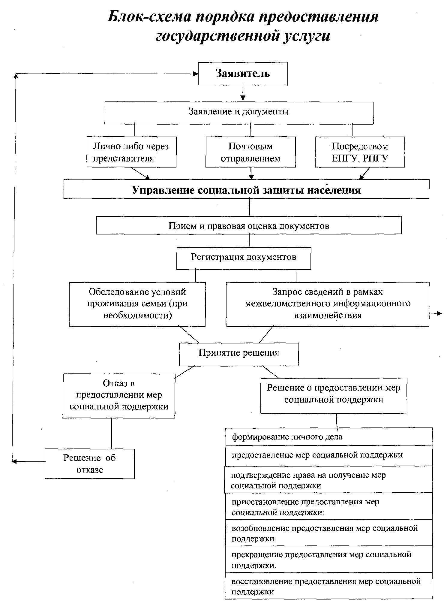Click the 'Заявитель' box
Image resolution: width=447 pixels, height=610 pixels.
click(x=243, y=74)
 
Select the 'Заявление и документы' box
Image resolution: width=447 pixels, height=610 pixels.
click(x=239, y=113)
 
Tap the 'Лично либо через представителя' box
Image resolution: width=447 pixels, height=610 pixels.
click(x=131, y=152)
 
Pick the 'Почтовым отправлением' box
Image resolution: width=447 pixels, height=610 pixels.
click(x=250, y=152)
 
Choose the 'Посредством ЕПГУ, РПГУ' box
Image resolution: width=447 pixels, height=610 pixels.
click(x=360, y=152)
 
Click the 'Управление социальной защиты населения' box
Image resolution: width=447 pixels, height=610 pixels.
click(x=246, y=189)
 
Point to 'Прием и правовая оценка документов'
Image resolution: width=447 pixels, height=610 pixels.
click(x=249, y=225)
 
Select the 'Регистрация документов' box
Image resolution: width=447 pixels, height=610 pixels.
click(x=244, y=258)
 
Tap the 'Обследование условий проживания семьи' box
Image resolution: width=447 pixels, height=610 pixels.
click(x=137, y=304)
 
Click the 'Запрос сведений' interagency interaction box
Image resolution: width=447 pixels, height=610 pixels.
click(x=328, y=304)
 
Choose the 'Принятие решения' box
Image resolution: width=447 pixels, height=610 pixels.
click(x=239, y=354)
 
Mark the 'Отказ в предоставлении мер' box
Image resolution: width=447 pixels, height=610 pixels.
click(x=119, y=396)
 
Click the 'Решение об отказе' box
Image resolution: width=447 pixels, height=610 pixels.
click(x=90, y=464)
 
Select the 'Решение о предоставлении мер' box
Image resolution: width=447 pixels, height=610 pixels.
click(x=334, y=396)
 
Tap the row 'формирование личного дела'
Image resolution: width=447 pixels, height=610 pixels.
click(x=329, y=436)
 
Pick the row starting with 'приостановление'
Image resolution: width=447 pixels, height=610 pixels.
click(x=329, y=506)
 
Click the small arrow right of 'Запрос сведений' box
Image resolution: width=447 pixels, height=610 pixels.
click(x=436, y=313)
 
